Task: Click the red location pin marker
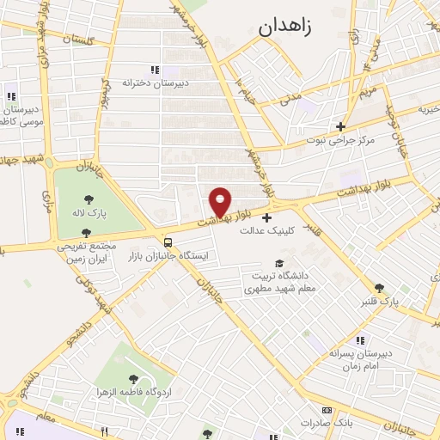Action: [x=221, y=201]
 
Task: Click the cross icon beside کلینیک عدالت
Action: [x=266, y=217]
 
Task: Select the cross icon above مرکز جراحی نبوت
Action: [x=340, y=126]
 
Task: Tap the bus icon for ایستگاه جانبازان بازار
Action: [x=168, y=242]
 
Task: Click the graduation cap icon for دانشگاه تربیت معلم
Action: [x=280, y=263]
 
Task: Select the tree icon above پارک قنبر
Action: [x=379, y=289]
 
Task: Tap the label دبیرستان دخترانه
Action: [x=155, y=82]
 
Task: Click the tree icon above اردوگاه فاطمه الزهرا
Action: [x=132, y=377]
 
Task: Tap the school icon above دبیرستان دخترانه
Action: [x=155, y=70]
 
